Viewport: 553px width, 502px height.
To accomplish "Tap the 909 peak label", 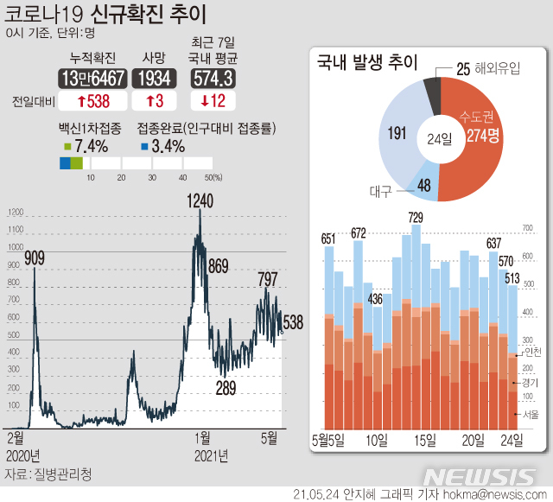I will click(35, 257).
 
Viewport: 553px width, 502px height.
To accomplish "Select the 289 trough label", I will click(226, 388).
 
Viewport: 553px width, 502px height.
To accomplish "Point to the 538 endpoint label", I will click(293, 322).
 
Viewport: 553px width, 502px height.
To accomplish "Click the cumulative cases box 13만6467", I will click(92, 79).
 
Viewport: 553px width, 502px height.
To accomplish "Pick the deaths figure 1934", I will click(154, 79).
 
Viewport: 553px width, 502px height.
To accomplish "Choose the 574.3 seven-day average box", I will click(213, 79).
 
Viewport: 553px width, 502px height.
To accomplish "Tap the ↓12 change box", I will click(213, 100).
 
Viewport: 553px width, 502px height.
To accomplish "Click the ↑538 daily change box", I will click(92, 100).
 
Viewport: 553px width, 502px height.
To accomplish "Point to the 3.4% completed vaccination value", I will click(167, 146).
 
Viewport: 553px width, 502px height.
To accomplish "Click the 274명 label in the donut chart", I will click(480, 137).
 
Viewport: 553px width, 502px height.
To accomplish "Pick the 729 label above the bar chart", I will click(416, 217).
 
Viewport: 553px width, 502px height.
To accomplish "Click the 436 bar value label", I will click(375, 299).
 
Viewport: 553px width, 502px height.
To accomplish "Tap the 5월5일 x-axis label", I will click(329, 440).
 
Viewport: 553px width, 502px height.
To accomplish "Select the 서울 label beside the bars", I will click(531, 415).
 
